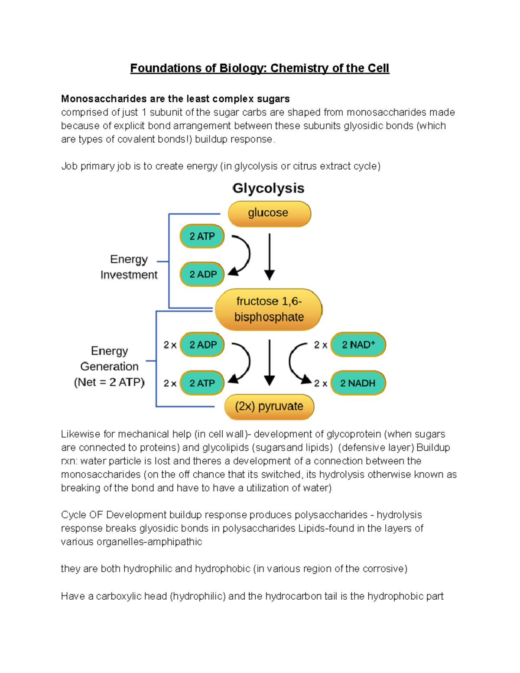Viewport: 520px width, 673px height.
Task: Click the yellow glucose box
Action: (x=269, y=213)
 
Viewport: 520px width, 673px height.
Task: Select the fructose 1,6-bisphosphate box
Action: (x=269, y=309)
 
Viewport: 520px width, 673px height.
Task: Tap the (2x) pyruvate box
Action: (x=269, y=406)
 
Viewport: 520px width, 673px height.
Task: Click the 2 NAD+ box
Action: (x=358, y=345)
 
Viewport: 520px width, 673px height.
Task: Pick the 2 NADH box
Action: (x=358, y=383)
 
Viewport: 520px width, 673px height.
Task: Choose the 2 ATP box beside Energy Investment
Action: (x=202, y=236)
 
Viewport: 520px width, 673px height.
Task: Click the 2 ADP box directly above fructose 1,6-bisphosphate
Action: (x=202, y=274)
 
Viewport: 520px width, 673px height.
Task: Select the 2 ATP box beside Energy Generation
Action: (x=202, y=383)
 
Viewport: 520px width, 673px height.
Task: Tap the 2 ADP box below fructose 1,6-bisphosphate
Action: (x=202, y=345)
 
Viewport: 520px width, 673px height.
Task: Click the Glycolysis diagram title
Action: (x=268, y=189)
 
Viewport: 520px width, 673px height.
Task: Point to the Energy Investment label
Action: (x=129, y=267)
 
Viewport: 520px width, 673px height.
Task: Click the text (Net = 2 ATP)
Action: (x=109, y=382)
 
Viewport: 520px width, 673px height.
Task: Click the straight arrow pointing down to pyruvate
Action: (x=270, y=362)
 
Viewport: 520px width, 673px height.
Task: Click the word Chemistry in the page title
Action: (x=299, y=68)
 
